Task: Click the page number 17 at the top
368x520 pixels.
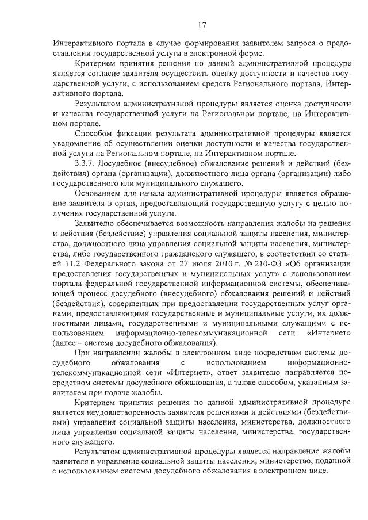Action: tap(201, 25)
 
